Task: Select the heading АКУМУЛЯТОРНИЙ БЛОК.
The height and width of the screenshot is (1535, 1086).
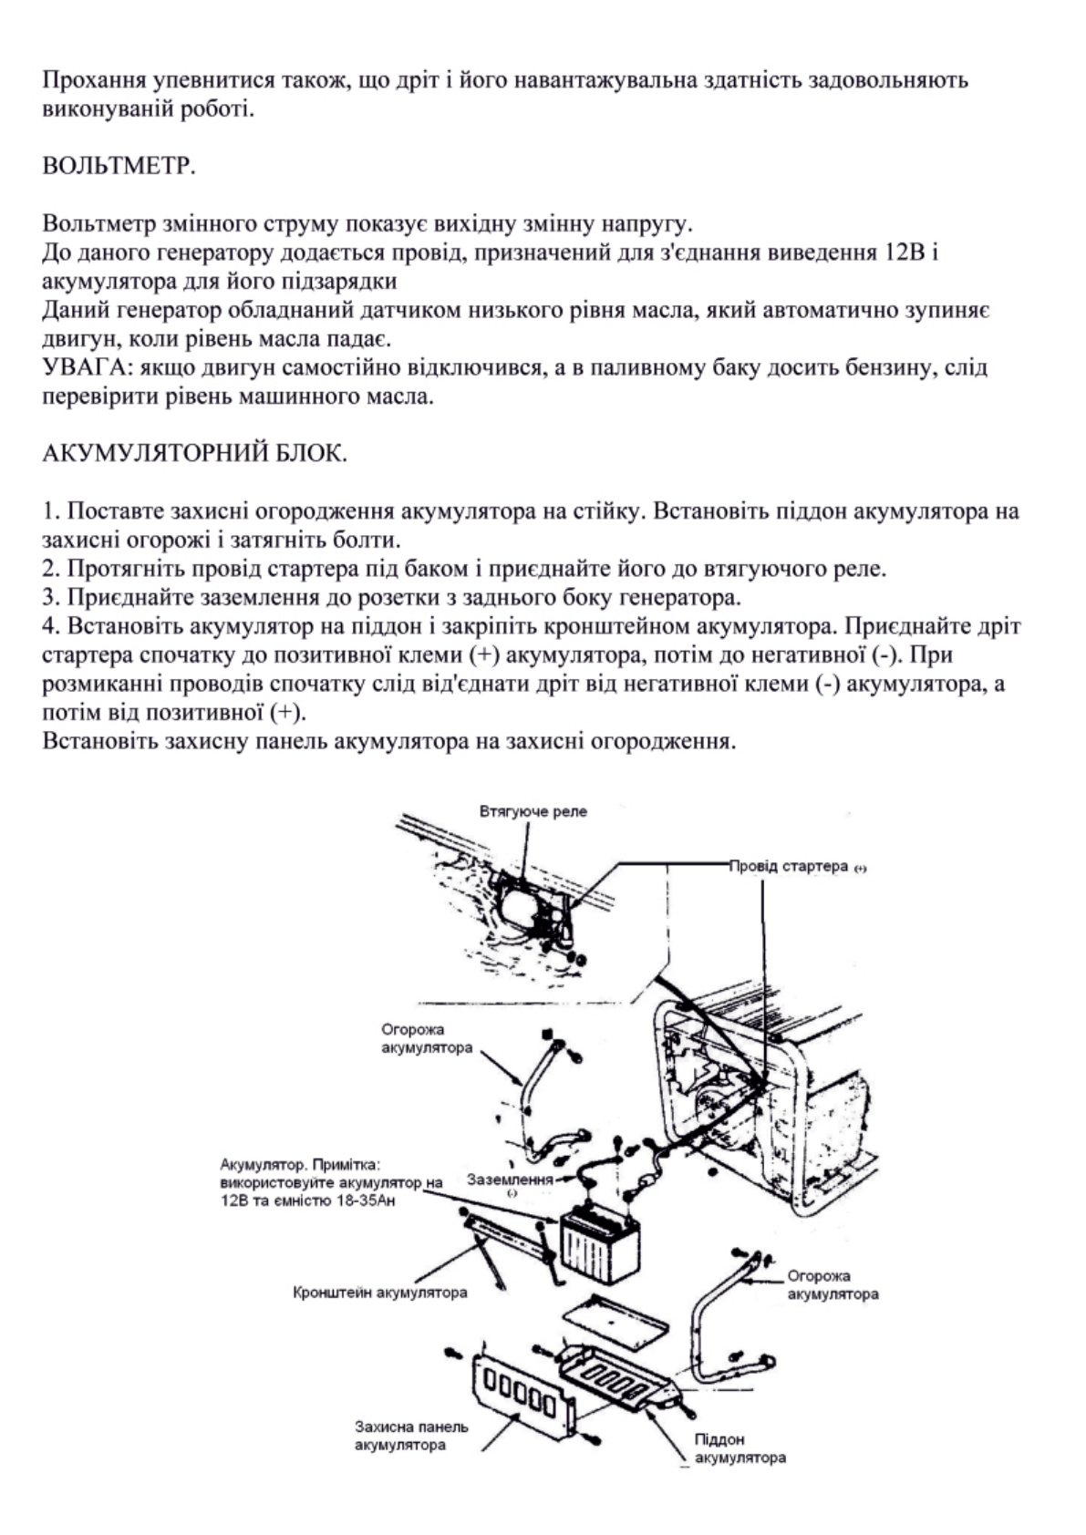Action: tap(194, 452)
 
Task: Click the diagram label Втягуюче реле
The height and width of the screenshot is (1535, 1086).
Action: tap(533, 811)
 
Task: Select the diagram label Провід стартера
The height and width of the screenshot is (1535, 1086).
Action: tap(790, 866)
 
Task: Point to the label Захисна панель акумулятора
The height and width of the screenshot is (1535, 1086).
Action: tap(411, 1436)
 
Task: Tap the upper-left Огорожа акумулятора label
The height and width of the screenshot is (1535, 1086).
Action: tap(426, 1038)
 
